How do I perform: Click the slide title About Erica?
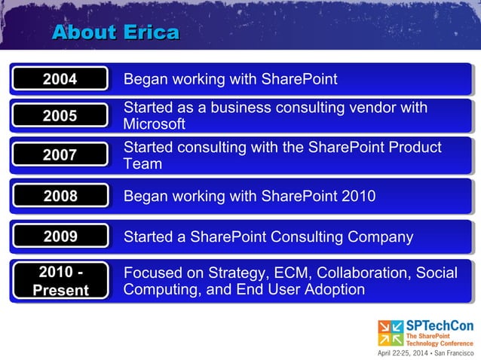(x=115, y=32)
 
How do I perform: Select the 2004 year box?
(x=60, y=79)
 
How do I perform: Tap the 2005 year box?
(x=60, y=116)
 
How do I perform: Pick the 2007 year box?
(x=60, y=155)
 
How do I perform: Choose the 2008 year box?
(x=60, y=197)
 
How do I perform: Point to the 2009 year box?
(x=60, y=237)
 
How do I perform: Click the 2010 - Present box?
(x=60, y=281)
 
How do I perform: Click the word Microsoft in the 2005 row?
(x=154, y=124)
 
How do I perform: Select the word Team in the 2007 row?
(x=142, y=163)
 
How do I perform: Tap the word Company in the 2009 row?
(x=380, y=237)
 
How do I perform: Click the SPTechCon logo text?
(x=440, y=325)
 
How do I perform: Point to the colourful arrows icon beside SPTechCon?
(x=391, y=333)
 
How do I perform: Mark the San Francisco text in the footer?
(x=452, y=352)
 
